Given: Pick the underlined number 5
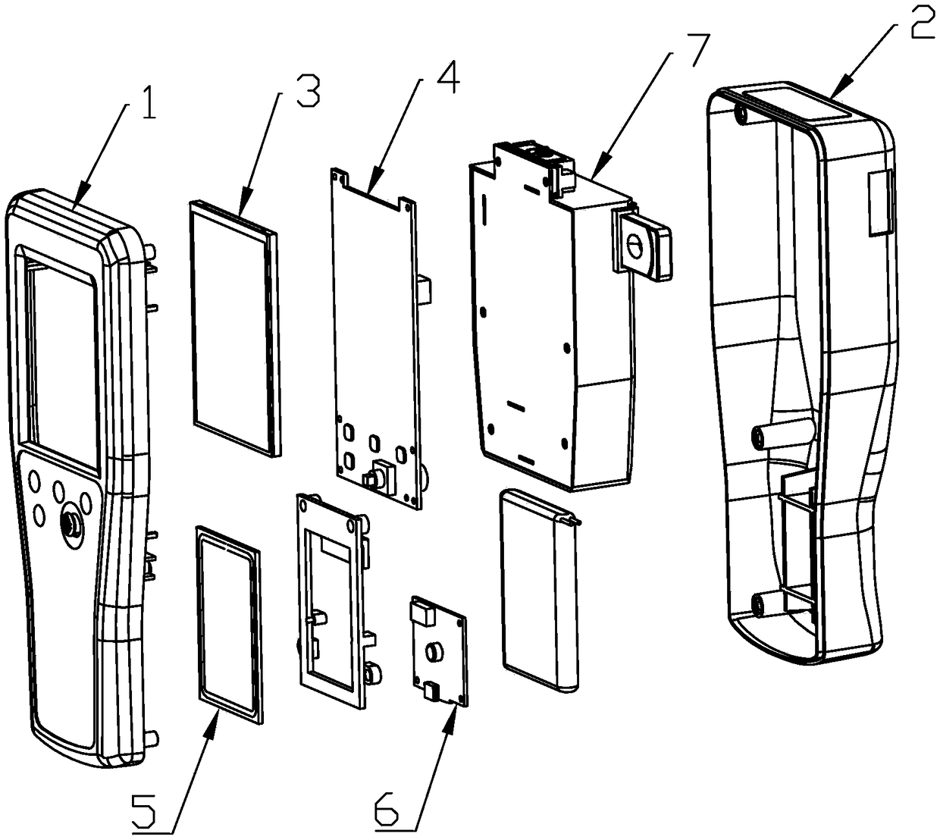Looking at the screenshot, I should point(143,812).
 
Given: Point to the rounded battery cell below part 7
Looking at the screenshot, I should point(540,591).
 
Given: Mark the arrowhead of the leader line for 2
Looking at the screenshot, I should point(835,96).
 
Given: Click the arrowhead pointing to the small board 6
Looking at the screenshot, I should point(456,710).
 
